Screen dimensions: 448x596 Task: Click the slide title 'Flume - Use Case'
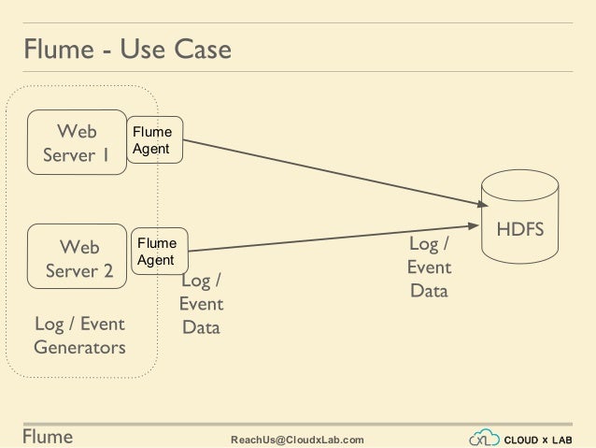tap(127, 48)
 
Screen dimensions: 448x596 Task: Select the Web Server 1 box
tap(77, 142)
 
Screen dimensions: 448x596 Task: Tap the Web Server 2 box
tap(77, 258)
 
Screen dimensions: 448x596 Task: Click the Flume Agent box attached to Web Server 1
tap(154, 140)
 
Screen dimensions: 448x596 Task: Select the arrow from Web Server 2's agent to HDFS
tap(327, 238)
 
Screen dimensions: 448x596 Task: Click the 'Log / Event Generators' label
tap(79, 336)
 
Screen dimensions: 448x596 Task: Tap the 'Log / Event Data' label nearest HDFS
tap(429, 267)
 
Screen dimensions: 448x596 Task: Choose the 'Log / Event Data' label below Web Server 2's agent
tap(201, 304)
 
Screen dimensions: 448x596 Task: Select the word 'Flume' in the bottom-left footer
tap(47, 437)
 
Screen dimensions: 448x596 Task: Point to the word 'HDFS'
tap(520, 229)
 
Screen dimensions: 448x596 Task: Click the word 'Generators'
tap(79, 348)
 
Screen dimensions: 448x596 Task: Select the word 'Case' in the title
tap(200, 48)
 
